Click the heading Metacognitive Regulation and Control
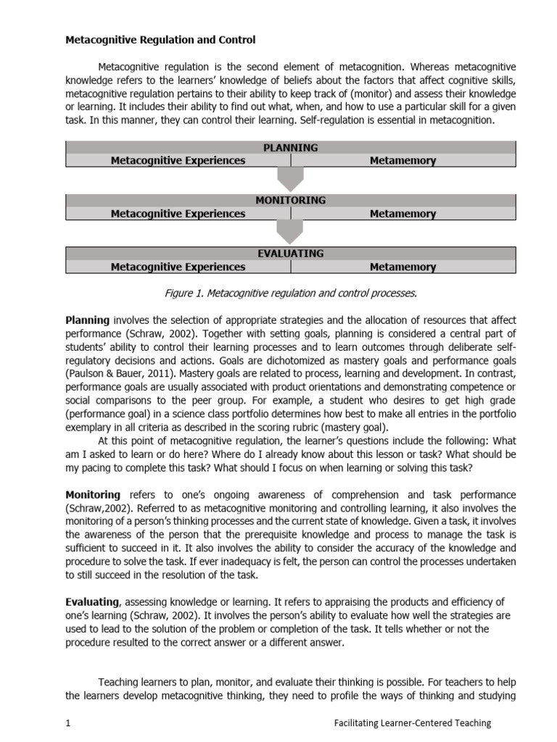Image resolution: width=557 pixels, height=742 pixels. [x=160, y=40]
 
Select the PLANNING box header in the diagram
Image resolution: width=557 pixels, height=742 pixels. [x=290, y=147]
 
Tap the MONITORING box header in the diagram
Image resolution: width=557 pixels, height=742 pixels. [x=290, y=200]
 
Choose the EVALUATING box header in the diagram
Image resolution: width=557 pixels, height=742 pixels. [x=290, y=254]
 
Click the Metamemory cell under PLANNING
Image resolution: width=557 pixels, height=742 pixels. [x=403, y=161]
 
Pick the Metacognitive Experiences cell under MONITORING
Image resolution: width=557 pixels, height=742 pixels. [x=178, y=214]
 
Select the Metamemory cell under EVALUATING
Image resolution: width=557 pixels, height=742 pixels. [x=403, y=267]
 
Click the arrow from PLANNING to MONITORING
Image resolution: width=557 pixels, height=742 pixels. [x=291, y=180]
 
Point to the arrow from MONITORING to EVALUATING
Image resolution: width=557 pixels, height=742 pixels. [x=291, y=233]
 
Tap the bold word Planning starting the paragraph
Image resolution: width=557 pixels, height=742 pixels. [x=88, y=320]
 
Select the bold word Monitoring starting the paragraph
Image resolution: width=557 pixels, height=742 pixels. [x=93, y=495]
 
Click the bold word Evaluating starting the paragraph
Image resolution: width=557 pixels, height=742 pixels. [x=92, y=601]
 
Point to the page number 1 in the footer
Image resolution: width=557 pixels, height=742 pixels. [x=68, y=722]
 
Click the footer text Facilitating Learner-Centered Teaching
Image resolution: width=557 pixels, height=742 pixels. [x=412, y=722]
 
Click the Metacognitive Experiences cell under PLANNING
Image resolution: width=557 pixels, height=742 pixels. [x=178, y=161]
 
